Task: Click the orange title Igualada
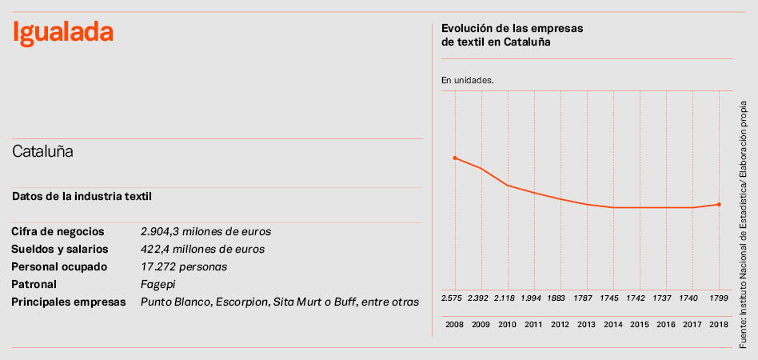(x=62, y=33)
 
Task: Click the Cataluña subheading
(x=42, y=151)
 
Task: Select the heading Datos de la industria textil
(x=82, y=196)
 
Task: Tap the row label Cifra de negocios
(x=58, y=231)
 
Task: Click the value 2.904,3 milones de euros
(x=205, y=231)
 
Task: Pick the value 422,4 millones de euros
(x=202, y=249)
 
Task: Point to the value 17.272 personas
(x=184, y=266)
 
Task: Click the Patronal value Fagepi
(x=158, y=284)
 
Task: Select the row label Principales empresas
(x=69, y=302)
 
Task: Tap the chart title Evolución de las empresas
(x=512, y=28)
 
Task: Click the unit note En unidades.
(x=468, y=80)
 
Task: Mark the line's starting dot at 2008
(x=455, y=158)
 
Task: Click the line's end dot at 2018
(x=720, y=204)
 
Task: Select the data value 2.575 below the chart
(x=453, y=298)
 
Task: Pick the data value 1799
(x=720, y=298)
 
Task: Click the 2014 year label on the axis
(x=613, y=325)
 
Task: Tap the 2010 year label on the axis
(x=507, y=325)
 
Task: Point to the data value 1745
(x=612, y=298)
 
